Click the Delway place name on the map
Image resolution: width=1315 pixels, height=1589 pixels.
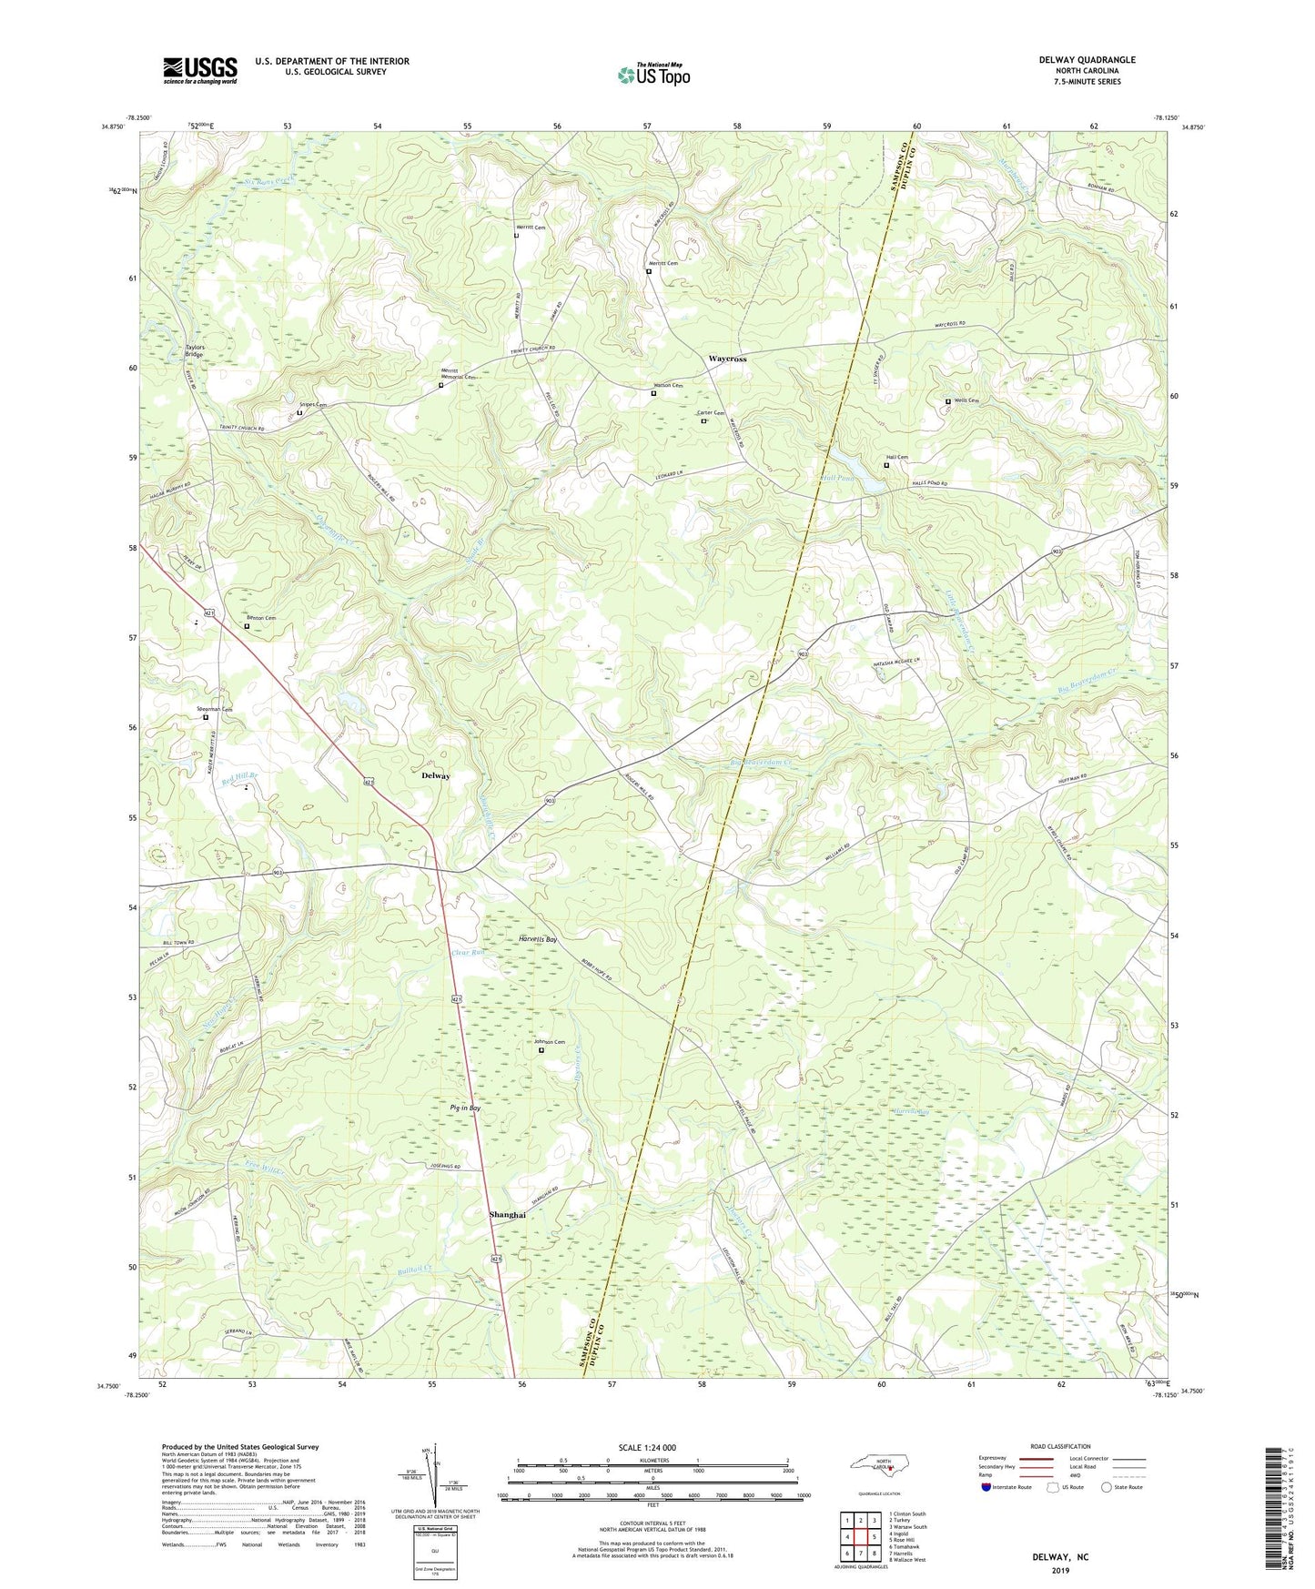(x=436, y=776)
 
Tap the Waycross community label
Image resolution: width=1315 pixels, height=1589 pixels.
(x=727, y=359)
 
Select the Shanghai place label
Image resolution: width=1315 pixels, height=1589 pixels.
(x=507, y=1215)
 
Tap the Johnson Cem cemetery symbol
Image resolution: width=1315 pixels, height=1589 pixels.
(x=541, y=1050)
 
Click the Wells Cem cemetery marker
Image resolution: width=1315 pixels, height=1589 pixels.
(x=947, y=401)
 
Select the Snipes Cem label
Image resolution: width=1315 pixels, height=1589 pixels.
(x=313, y=405)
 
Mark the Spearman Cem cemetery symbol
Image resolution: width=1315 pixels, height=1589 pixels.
(x=205, y=717)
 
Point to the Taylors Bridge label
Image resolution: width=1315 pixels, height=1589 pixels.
(x=195, y=350)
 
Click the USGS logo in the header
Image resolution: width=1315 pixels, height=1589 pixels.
(x=200, y=70)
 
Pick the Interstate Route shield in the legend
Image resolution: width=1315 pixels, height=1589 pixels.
(x=987, y=1487)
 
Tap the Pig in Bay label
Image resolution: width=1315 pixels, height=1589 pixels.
(x=465, y=1108)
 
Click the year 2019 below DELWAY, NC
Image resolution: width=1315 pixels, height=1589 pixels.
(x=1060, y=1570)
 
